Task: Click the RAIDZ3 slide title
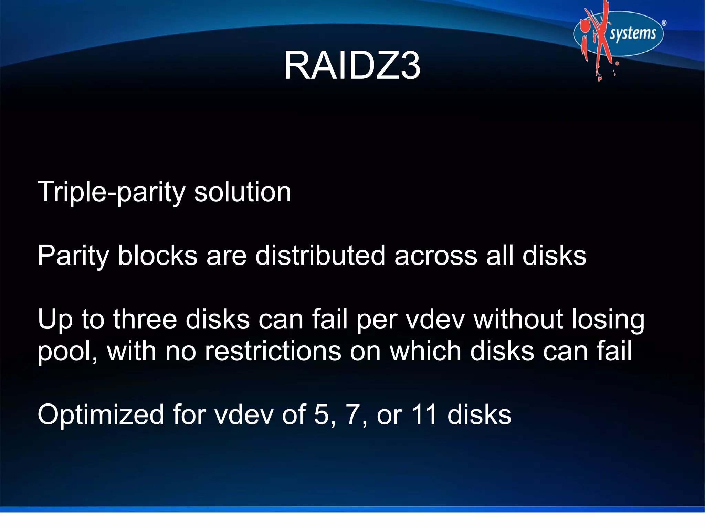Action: point(352,65)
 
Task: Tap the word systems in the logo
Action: point(633,34)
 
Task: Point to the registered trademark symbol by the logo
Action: point(664,23)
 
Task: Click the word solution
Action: point(242,192)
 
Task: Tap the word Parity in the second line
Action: point(73,256)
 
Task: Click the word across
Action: point(436,256)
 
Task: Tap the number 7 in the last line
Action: point(354,415)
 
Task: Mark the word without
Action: point(518,320)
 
